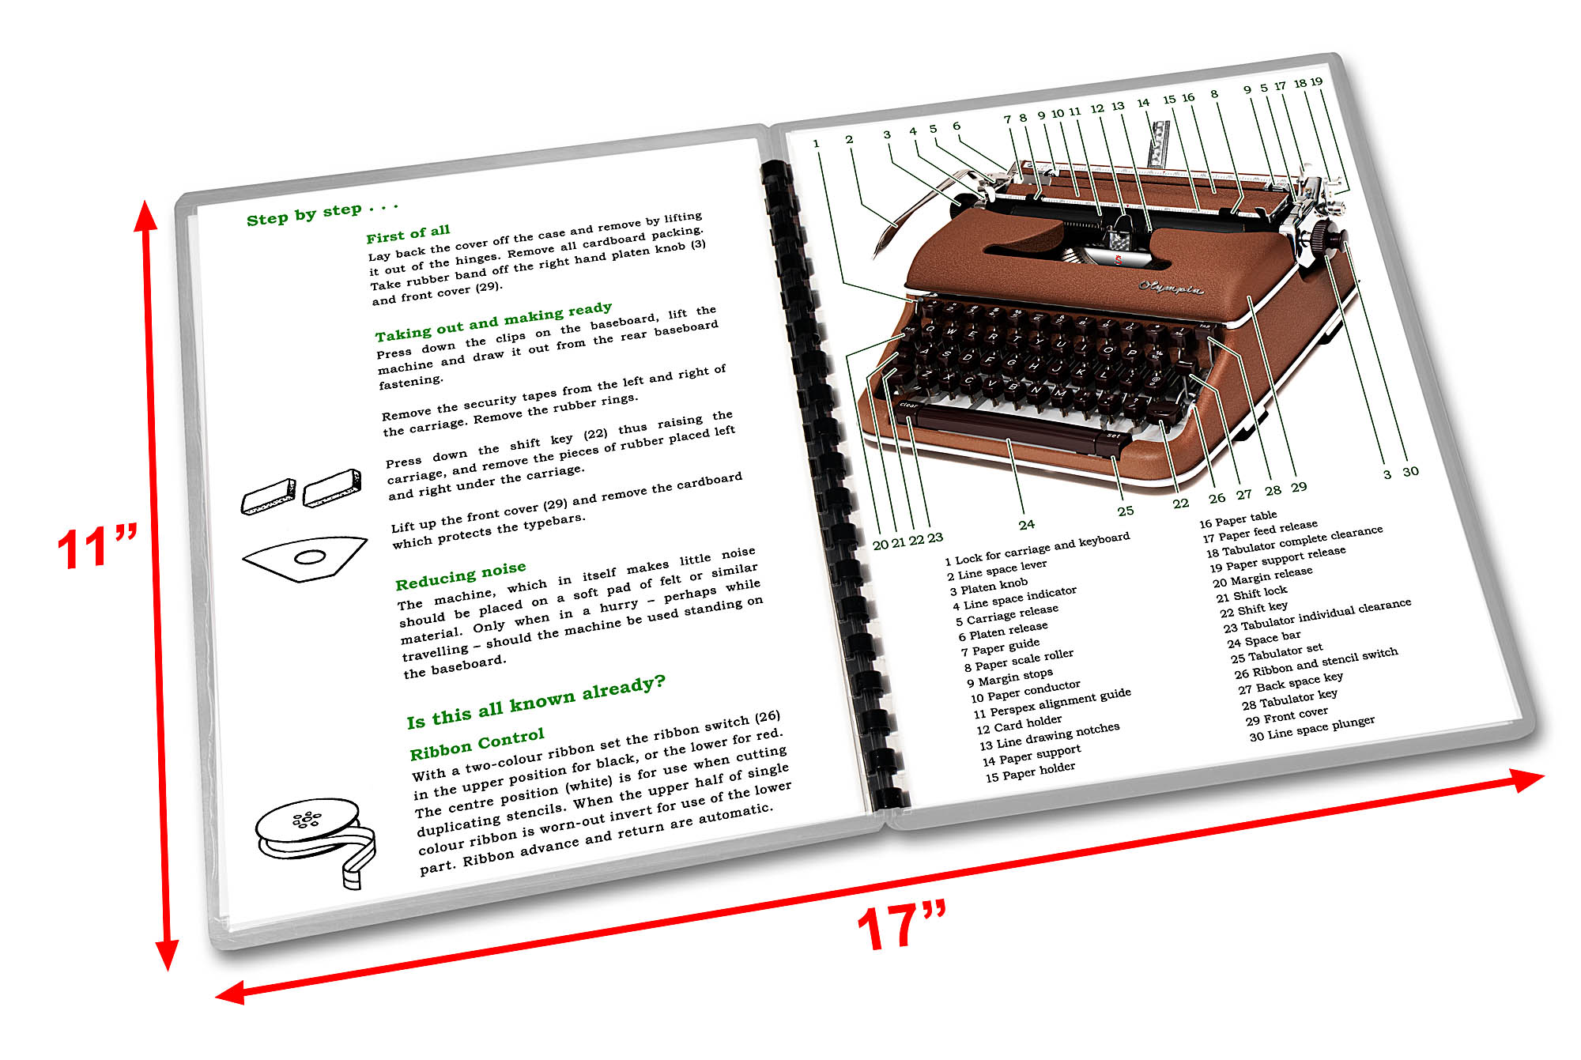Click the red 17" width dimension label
coord(901,926)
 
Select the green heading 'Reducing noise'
coord(460,575)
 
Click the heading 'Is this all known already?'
coord(536,701)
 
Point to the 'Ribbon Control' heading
coord(477,744)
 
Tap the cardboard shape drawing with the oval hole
coord(305,557)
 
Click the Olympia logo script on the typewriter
coord(1171,286)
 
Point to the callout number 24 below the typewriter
coord(1026,524)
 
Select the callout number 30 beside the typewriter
coord(1410,472)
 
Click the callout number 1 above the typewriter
coord(816,143)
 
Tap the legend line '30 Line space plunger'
coord(1311,728)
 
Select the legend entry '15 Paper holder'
coord(1030,771)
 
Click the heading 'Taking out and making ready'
coord(493,320)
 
